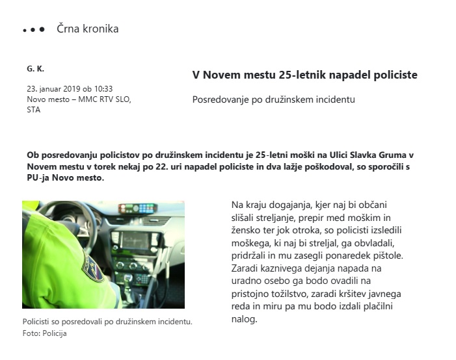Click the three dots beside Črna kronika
33,30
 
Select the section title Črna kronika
88,29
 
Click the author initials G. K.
36,68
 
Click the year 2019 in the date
72,89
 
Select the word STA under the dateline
33,110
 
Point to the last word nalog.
245,318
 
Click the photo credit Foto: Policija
45,333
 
